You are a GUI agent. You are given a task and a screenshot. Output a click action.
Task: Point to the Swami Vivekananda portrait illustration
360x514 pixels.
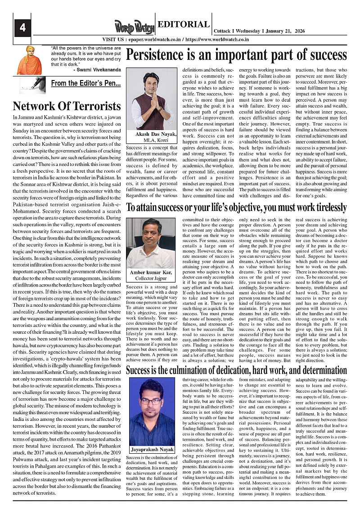coord(29,60)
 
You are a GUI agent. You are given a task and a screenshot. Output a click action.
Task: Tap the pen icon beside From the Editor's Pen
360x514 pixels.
coord(32,84)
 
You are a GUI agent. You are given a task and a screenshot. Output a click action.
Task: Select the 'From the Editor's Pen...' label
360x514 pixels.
coord(85,83)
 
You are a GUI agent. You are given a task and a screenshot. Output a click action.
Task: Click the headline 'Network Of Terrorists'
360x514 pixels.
coord(67,106)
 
